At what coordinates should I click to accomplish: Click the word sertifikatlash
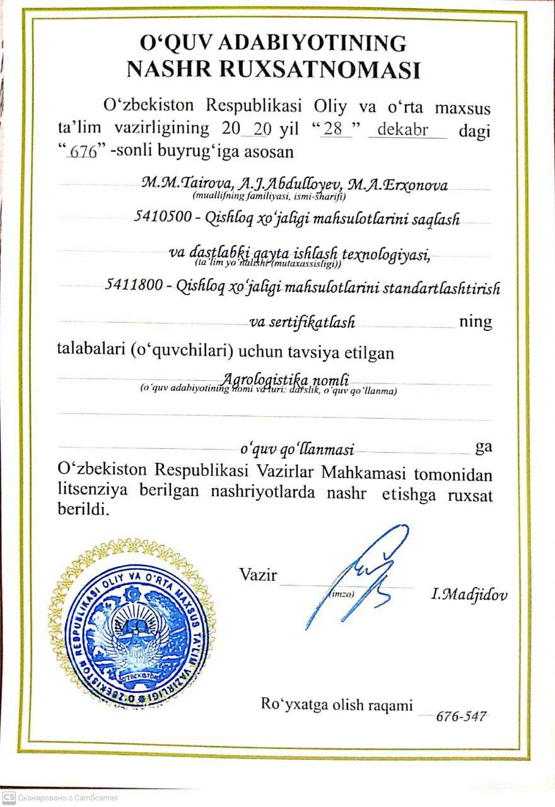pos(303,322)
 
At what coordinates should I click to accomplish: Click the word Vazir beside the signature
pos(257,575)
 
